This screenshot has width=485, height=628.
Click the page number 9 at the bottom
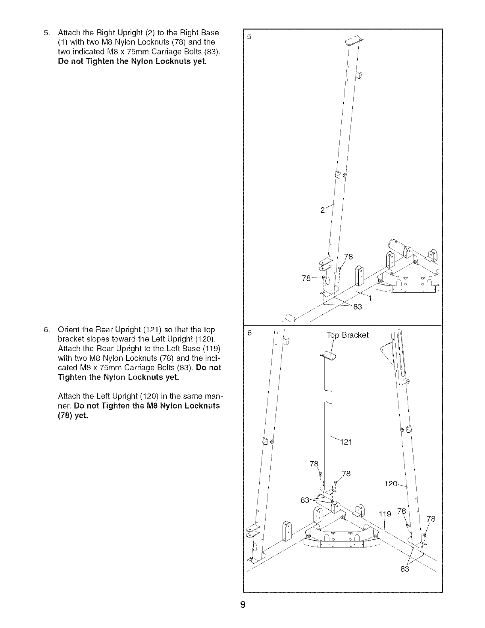[243, 605]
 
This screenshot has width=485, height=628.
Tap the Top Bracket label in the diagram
[347, 335]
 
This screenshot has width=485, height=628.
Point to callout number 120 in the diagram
[391, 484]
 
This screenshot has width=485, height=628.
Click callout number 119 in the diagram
[385, 514]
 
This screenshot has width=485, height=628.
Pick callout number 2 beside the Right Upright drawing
[322, 210]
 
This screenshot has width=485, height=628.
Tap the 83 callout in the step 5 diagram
[357, 306]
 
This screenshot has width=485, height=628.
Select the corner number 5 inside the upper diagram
[249, 37]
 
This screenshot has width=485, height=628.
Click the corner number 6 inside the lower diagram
[249, 333]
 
